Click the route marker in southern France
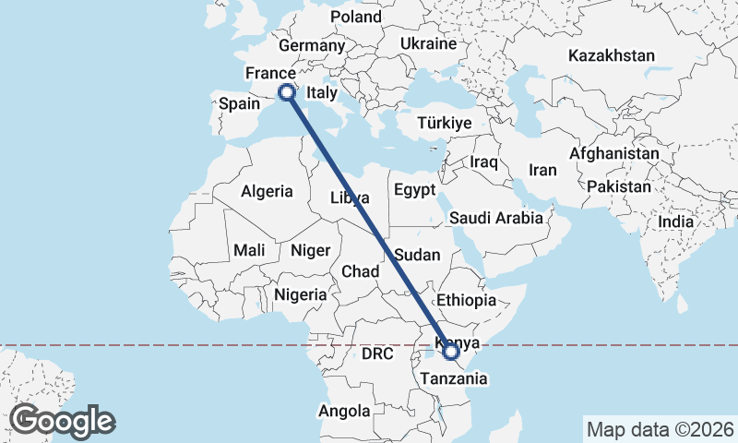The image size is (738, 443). point(286,91)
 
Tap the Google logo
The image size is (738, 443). point(63,421)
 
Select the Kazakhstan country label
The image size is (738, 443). point(612,55)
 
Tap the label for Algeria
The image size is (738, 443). point(267,192)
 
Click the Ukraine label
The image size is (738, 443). point(429,43)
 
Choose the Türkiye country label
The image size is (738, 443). point(444,123)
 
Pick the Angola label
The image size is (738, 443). point(344,411)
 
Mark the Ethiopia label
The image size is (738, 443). point(467,300)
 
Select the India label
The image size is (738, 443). point(676,222)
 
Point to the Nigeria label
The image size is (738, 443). point(301,295)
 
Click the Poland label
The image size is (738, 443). point(356,17)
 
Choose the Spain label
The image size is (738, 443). point(240,104)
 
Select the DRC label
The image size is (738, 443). point(377,353)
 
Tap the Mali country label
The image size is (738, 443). point(249,250)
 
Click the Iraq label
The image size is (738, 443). point(483,162)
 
